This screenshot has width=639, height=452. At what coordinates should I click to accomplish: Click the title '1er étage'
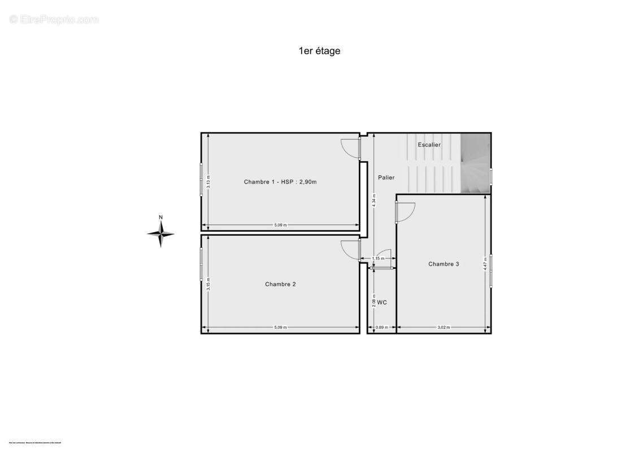click(319, 51)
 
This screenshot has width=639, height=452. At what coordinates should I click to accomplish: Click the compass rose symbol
click(161, 233)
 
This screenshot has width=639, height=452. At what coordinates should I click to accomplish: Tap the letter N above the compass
click(161, 218)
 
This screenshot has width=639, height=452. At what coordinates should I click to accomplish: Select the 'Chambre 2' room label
click(280, 284)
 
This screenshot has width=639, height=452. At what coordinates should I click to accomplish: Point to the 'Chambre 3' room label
click(444, 264)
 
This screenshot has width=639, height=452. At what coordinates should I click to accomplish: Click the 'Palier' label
click(386, 177)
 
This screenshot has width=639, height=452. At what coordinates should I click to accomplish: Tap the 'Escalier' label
click(429, 145)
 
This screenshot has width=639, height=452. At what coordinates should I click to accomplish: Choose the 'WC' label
click(382, 302)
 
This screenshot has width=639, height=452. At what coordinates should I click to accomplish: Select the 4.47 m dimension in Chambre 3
click(485, 264)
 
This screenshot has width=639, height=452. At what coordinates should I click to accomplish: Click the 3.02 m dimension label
click(444, 327)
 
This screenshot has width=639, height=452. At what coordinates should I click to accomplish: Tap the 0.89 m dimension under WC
click(381, 327)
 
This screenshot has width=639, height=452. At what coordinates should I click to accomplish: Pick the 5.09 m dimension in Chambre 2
click(280, 327)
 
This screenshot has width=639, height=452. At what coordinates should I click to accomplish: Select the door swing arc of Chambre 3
click(406, 211)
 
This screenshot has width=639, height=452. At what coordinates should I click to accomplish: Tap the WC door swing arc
click(384, 257)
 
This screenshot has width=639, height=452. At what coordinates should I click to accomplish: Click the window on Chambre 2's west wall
click(201, 264)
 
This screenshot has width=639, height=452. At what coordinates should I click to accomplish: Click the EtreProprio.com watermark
click(54, 20)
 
